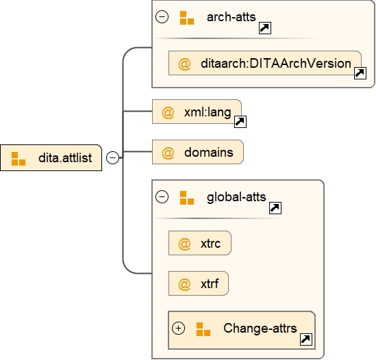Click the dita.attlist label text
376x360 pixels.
[x=70, y=158]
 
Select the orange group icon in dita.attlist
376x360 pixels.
[x=18, y=158]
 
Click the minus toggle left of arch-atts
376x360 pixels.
[x=162, y=17]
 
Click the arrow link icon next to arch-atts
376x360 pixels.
[x=264, y=28]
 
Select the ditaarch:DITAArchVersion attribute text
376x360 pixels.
[x=277, y=64]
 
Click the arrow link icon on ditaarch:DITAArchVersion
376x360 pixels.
[x=360, y=73]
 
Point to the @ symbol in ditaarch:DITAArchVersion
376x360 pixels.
[x=184, y=64]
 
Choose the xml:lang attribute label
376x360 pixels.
[x=208, y=112]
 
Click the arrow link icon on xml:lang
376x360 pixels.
[x=240, y=123]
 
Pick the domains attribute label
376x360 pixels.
[x=208, y=152]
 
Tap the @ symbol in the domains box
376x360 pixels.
[x=168, y=152]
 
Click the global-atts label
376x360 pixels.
[x=236, y=198]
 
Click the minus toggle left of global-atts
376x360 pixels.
[x=162, y=198]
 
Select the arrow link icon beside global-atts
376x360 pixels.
[x=275, y=208]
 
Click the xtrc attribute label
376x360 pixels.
[x=211, y=244]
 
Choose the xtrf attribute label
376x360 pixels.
[x=210, y=283]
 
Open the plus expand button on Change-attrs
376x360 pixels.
[x=179, y=328]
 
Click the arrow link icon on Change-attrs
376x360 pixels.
[x=306, y=339]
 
